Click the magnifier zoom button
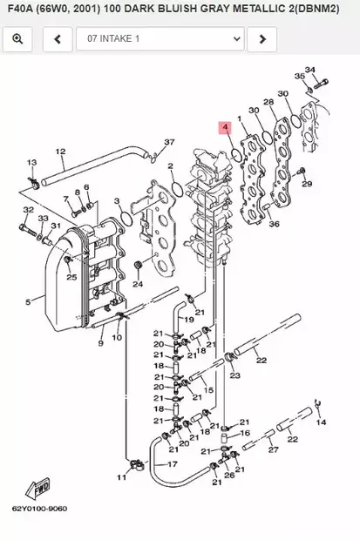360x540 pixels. click(x=17, y=39)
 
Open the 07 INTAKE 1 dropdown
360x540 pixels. click(x=160, y=39)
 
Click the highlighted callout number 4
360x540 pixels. click(x=225, y=128)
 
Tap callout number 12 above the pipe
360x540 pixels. click(x=60, y=152)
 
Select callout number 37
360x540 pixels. click(x=169, y=142)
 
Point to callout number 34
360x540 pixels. click(x=310, y=70)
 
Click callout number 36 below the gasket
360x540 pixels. click(x=274, y=224)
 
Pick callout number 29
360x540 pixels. click(x=306, y=184)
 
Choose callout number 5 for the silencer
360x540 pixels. click(x=28, y=302)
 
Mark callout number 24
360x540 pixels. click(x=137, y=284)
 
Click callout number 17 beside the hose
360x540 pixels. click(x=172, y=464)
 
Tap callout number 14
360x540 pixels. click(x=321, y=422)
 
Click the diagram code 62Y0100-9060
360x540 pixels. click(x=39, y=509)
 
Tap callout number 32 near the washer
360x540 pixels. click(x=29, y=211)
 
